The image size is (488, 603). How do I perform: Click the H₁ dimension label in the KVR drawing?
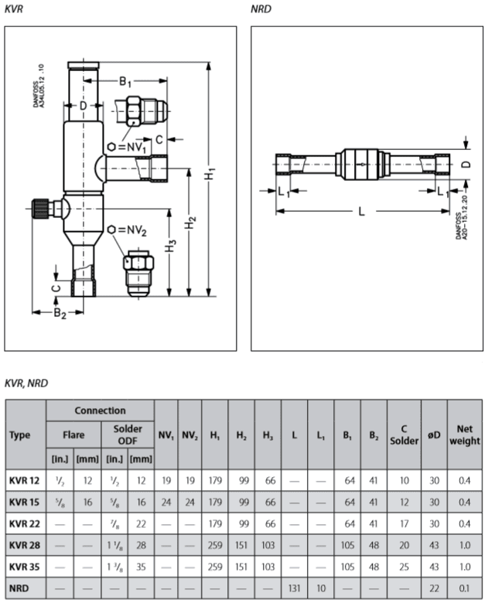tap(210, 175)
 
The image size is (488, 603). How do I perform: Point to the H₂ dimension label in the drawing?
tap(190, 224)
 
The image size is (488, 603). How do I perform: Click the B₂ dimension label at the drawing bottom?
tap(59, 313)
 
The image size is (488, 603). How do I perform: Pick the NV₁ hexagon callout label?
tap(133, 146)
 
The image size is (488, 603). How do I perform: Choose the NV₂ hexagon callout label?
tap(129, 230)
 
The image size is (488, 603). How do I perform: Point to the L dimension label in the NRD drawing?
tap(361, 212)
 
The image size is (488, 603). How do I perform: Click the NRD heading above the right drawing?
tap(261, 9)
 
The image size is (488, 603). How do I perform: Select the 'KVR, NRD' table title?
tap(26, 382)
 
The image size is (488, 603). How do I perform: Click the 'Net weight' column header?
tap(464, 434)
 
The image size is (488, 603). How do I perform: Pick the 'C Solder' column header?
tap(403, 434)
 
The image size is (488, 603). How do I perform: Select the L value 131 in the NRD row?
tap(294, 588)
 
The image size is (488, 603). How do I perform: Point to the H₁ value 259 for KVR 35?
tap(214, 567)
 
